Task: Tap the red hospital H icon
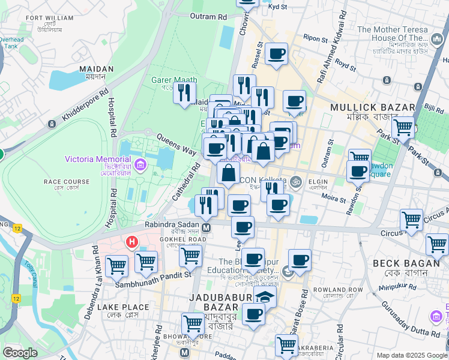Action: click(131, 242)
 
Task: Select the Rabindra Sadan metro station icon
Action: click(206, 227)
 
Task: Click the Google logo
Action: click(20, 353)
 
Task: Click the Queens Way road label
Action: click(176, 144)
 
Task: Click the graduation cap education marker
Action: click(265, 297)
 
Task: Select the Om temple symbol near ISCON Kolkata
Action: click(295, 181)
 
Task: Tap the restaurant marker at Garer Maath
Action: click(184, 92)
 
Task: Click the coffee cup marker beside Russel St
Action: click(276, 54)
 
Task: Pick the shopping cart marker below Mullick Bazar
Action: click(403, 127)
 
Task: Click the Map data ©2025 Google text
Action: click(411, 355)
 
